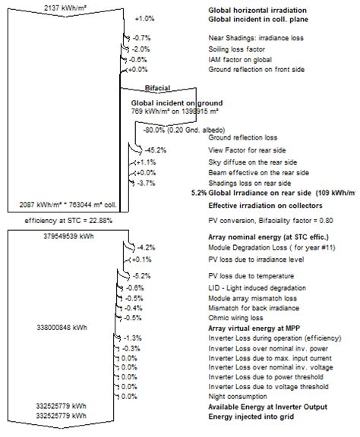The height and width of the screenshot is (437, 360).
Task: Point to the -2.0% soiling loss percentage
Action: pyautogui.click(x=140, y=48)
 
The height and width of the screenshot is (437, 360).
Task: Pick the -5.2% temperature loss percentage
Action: pyautogui.click(x=141, y=274)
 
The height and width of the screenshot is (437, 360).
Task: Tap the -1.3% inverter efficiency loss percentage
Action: pyautogui.click(x=133, y=337)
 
